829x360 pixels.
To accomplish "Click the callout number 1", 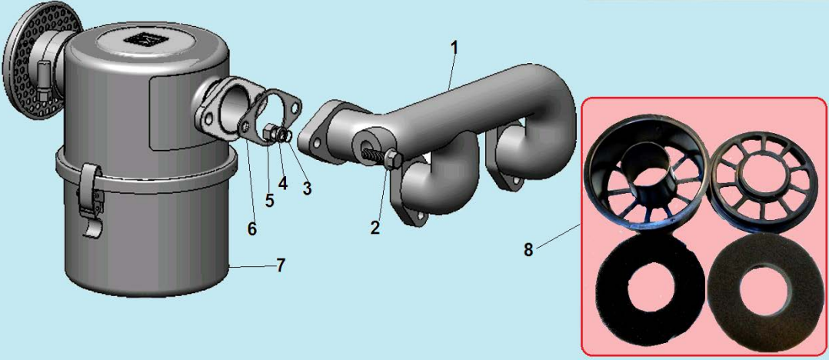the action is pyautogui.click(x=453, y=48).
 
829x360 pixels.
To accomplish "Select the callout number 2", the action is pyautogui.click(x=375, y=228).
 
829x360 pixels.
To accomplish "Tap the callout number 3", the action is pyautogui.click(x=307, y=188).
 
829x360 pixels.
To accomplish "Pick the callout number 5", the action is pyautogui.click(x=270, y=200).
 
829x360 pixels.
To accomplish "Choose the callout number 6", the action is pyautogui.click(x=251, y=229).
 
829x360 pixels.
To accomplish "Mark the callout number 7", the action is pyautogui.click(x=280, y=265).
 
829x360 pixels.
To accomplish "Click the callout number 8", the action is pyautogui.click(x=528, y=249).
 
